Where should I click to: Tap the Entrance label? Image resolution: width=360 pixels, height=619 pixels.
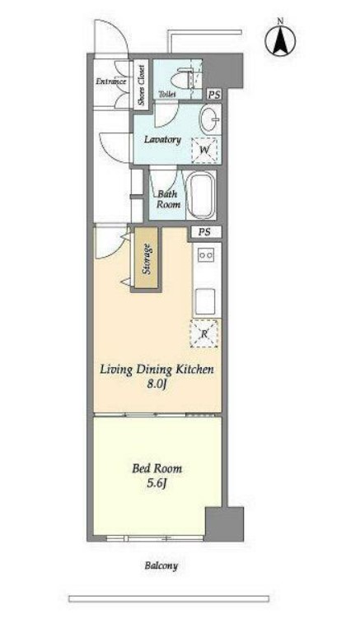(111, 81)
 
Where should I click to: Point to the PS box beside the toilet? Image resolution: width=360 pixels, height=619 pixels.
(214, 95)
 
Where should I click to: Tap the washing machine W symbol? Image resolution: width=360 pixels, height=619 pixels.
(204, 150)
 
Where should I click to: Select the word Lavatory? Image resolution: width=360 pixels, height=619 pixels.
(162, 139)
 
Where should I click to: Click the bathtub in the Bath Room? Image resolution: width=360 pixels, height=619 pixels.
(201, 194)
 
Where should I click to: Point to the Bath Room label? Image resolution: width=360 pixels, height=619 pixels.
(168, 199)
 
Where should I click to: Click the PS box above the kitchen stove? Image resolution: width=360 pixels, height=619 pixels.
(204, 232)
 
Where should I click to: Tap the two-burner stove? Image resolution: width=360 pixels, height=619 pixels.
(206, 255)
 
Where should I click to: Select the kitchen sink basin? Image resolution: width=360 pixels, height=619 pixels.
(206, 300)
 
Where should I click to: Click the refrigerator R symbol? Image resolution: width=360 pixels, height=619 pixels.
(204, 333)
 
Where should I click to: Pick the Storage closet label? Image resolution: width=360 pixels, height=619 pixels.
(147, 258)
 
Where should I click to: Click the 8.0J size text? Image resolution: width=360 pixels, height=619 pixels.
(156, 384)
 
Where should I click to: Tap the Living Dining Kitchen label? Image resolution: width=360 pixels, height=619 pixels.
(157, 370)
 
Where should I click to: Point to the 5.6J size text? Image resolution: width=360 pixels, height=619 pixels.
(157, 483)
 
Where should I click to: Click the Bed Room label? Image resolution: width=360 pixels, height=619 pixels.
(157, 469)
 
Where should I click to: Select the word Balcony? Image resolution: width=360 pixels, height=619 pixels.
(161, 565)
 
